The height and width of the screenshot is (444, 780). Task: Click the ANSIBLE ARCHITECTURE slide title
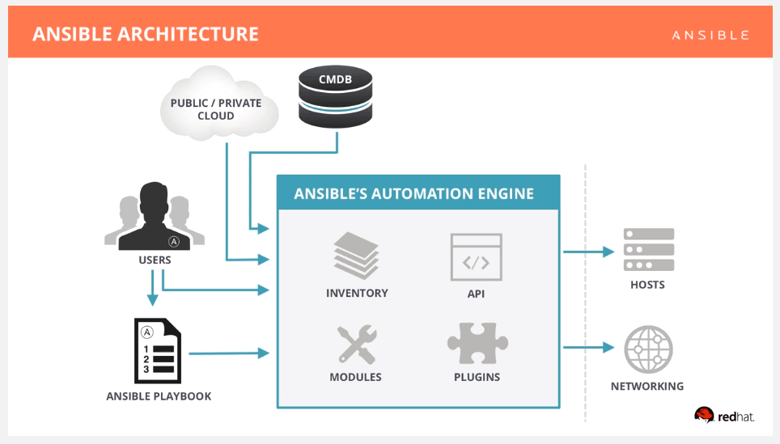point(146,34)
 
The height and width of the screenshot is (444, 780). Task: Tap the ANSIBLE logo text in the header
point(710,35)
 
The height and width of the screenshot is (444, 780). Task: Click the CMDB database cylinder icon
point(336,95)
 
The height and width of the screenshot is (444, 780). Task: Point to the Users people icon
point(154,217)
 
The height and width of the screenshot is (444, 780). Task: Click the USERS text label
point(154,260)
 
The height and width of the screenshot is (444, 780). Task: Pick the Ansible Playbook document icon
point(156,351)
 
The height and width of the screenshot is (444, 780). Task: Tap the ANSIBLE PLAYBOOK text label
point(159,396)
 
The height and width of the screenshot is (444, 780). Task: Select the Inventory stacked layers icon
point(357,255)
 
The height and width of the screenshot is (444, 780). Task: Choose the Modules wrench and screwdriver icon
point(356,344)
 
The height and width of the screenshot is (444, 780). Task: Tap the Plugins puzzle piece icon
point(477,344)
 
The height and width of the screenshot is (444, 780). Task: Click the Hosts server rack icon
point(648,250)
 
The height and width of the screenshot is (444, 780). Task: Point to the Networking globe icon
point(648,349)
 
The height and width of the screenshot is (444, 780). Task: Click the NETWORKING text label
point(646,387)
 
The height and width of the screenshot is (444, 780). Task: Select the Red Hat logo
point(724,416)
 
